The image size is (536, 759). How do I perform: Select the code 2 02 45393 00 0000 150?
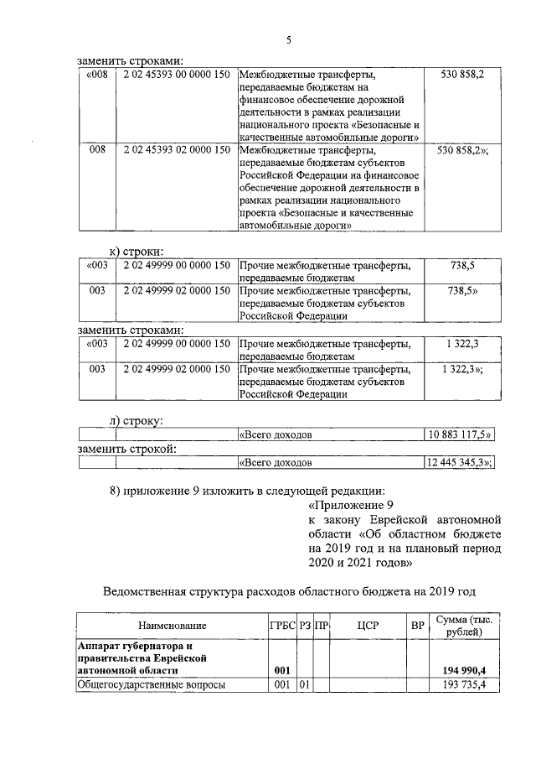pyautogui.click(x=176, y=75)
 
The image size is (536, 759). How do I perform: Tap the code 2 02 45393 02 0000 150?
pyautogui.click(x=176, y=150)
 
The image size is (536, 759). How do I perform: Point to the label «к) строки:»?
pyautogui.click(x=137, y=251)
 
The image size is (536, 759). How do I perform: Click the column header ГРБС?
pyautogui.click(x=282, y=626)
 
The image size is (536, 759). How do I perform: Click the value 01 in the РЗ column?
pyautogui.click(x=306, y=685)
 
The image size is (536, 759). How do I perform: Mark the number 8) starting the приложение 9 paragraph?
pyautogui.click(x=117, y=491)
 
